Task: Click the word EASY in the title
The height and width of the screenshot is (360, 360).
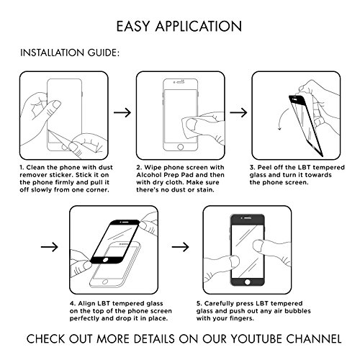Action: pyautogui.click(x=133, y=27)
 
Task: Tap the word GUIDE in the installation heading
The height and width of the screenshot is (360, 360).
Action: pyautogui.click(x=103, y=53)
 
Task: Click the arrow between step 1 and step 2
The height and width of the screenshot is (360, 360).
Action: pyautogui.click(x=122, y=112)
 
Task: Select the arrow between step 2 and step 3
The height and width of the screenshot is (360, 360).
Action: pyautogui.click(x=238, y=112)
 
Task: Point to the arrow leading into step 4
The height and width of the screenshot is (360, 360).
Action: pyautogui.click(x=50, y=247)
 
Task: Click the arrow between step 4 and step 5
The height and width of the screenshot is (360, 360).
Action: pyautogui.click(x=180, y=247)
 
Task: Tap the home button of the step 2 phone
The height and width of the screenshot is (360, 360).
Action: pyautogui.click(x=181, y=147)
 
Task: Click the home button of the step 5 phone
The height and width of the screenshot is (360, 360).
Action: pyautogui.click(x=248, y=282)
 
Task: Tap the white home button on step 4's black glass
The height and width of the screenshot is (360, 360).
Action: pyautogui.click(x=105, y=260)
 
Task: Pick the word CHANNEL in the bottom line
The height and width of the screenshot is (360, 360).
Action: pyautogui.click(x=314, y=339)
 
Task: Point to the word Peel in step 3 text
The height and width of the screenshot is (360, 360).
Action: pyautogui.click(x=264, y=168)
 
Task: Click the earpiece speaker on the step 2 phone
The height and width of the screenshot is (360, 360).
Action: pyautogui.click(x=181, y=82)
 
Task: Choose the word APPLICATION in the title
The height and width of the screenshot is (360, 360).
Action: pyautogui.click(x=199, y=27)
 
